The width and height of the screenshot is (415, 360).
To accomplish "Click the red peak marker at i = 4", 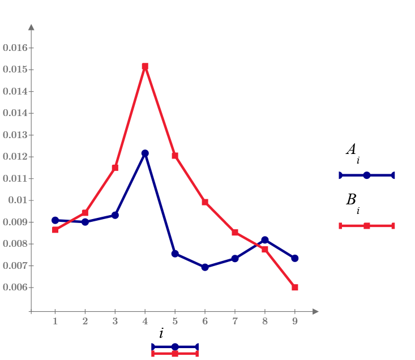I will click(x=145, y=66).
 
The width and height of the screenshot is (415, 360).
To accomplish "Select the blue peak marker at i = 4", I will click(x=145, y=153).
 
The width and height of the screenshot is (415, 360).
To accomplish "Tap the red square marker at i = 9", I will click(x=295, y=288).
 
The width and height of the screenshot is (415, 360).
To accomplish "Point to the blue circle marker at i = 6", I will click(x=205, y=267).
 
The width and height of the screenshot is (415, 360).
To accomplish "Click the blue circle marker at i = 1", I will click(x=55, y=220).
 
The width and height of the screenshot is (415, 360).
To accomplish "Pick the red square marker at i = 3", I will click(x=115, y=168).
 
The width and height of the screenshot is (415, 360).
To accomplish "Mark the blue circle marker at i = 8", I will click(x=265, y=240).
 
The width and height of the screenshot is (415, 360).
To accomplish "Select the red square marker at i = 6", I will click(x=205, y=202).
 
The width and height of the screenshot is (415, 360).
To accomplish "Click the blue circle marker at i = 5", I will click(x=175, y=254).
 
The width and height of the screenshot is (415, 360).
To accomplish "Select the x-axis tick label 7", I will click(x=235, y=322).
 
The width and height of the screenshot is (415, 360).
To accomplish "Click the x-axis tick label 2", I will click(x=85, y=322).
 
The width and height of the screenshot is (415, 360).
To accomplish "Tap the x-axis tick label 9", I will click(x=295, y=322).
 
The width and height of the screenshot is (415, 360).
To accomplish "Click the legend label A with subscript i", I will click(x=352, y=151).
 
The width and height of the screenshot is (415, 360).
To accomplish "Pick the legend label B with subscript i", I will click(x=352, y=201).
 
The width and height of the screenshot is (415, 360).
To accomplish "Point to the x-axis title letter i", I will click(x=161, y=333).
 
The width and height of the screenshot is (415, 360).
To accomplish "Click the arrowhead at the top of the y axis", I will click(x=31, y=27).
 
